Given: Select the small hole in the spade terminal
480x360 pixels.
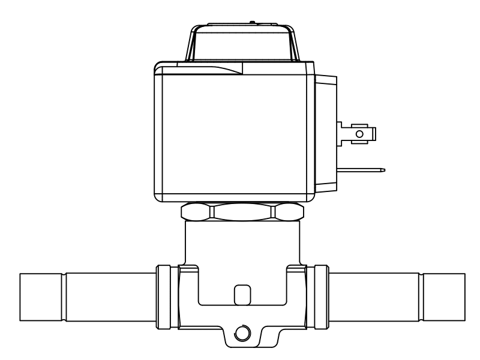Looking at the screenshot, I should pyautogui.click(x=359, y=133).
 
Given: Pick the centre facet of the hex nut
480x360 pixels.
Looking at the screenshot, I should pyautogui.click(x=242, y=213).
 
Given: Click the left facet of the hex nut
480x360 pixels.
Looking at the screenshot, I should pyautogui.click(x=196, y=213).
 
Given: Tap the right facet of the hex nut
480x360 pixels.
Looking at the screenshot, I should pyautogui.click(x=289, y=213).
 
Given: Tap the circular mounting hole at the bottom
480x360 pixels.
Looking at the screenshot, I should pyautogui.click(x=242, y=333).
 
